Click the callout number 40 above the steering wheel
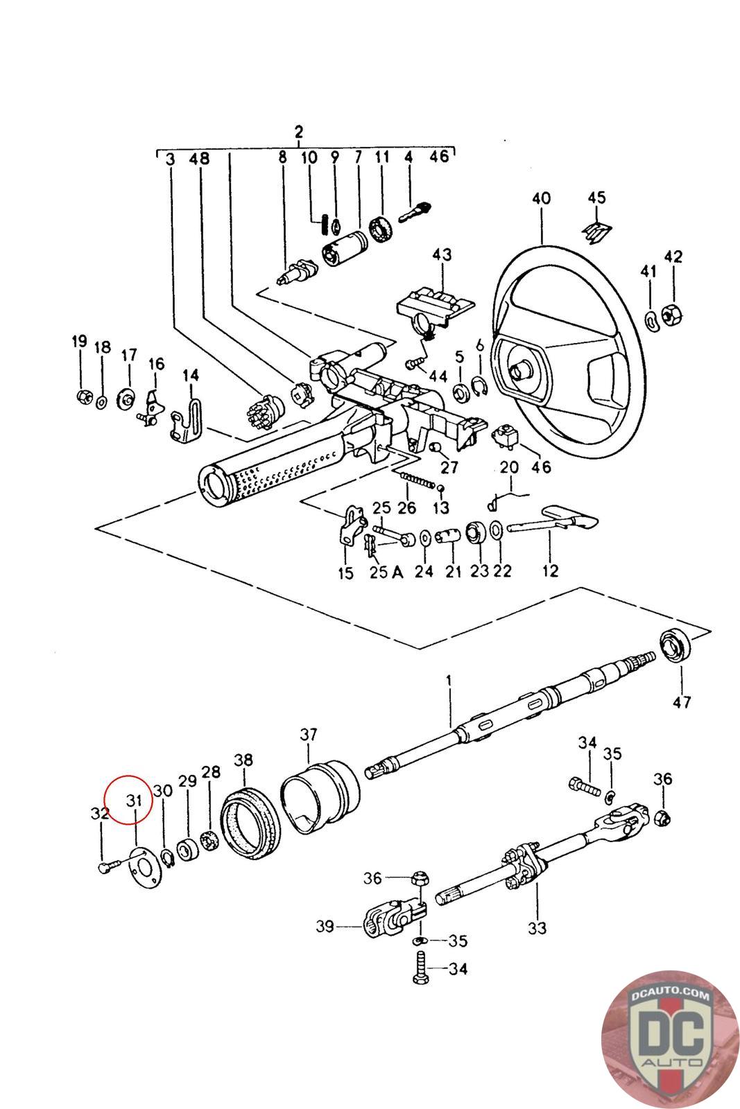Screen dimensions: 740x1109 click(541, 198)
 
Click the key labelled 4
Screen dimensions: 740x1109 click(415, 212)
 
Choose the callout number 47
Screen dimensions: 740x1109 click(682, 701)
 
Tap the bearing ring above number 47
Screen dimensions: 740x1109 click(676, 645)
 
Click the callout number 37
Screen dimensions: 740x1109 click(308, 734)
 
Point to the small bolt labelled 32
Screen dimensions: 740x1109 click(108, 866)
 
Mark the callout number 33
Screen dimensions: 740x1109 click(536, 927)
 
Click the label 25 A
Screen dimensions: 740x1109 click(386, 572)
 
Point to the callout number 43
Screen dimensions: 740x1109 click(442, 254)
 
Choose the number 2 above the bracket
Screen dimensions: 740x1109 click(298, 132)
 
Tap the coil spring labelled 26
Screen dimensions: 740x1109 click(417, 480)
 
